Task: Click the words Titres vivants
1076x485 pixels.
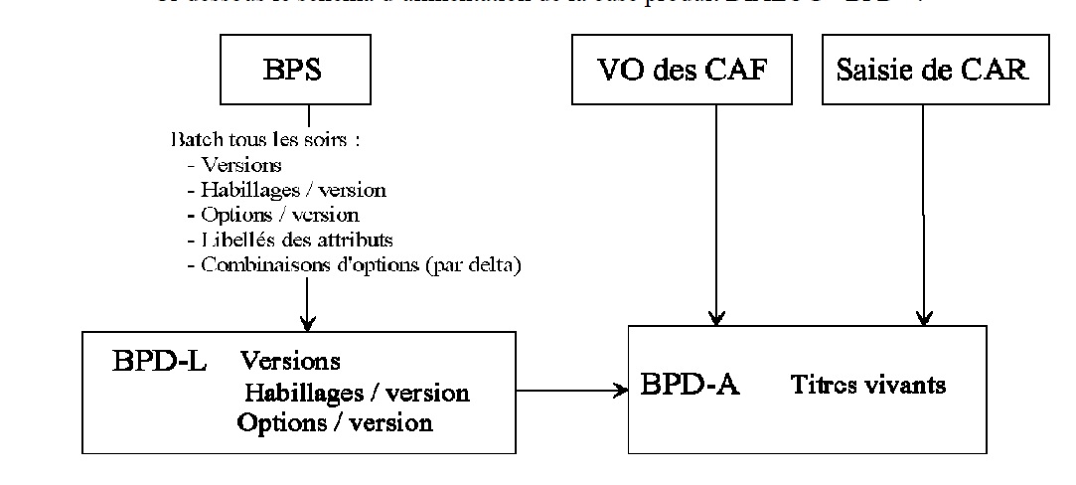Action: click(x=868, y=386)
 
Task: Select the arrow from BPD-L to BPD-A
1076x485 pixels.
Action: click(x=572, y=391)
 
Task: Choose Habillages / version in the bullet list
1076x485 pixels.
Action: click(x=280, y=190)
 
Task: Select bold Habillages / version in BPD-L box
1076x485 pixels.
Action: click(x=357, y=393)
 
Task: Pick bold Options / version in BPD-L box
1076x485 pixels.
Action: click(x=335, y=422)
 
